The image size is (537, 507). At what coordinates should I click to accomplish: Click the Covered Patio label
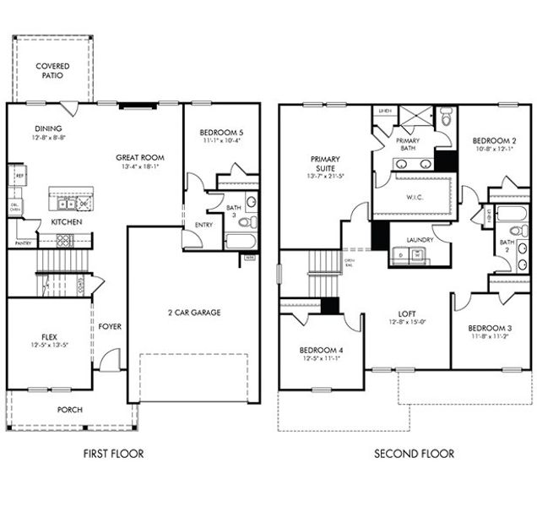click(x=52, y=70)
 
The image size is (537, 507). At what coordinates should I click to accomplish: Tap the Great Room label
click(x=140, y=157)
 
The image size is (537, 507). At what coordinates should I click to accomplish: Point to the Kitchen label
click(x=66, y=221)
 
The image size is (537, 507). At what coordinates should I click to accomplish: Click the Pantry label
click(x=23, y=243)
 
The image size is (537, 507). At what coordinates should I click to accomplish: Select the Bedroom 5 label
click(x=220, y=133)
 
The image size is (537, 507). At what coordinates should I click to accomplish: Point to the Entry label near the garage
click(x=203, y=225)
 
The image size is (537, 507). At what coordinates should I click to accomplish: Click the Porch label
click(x=69, y=410)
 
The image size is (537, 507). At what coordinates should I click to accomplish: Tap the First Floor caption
click(x=113, y=454)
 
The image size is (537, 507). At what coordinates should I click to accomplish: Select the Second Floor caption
click(x=414, y=454)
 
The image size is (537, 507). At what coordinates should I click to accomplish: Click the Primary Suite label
click(x=324, y=163)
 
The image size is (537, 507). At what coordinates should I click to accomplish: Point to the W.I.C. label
click(x=409, y=199)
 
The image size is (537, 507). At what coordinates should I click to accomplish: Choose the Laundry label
click(x=420, y=239)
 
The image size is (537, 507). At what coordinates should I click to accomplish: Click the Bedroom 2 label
click(x=494, y=140)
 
